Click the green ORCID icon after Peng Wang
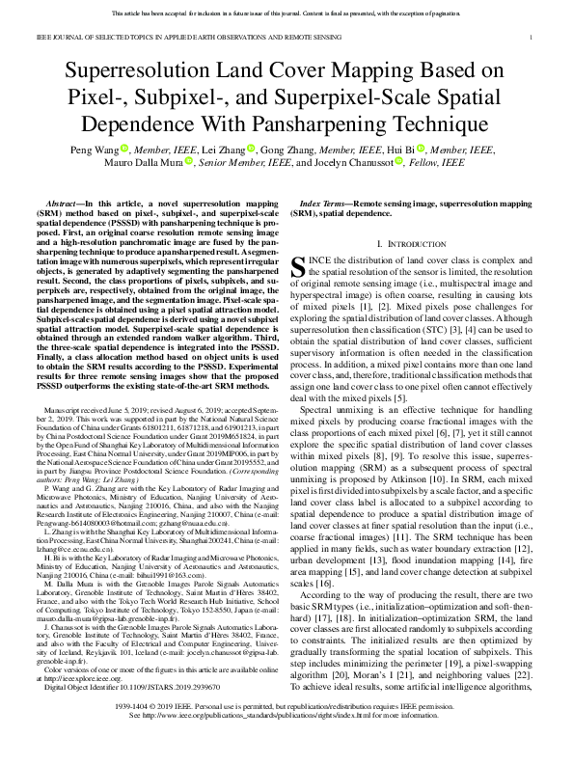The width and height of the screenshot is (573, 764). (123, 150)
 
